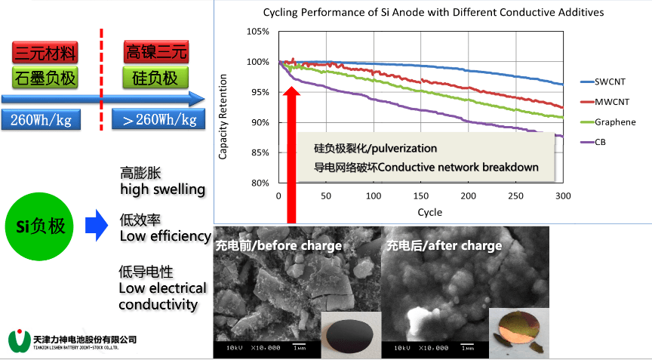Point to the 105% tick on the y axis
[x=257, y=32]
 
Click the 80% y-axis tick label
[x=259, y=183]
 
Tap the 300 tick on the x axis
[x=563, y=196]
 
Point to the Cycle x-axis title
[x=429, y=212]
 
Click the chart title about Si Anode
[x=433, y=13]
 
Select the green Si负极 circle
[x=42, y=226]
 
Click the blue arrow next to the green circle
[x=96, y=226]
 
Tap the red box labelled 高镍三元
[x=156, y=52]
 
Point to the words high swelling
[x=162, y=189]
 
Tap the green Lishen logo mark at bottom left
[x=18, y=340]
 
